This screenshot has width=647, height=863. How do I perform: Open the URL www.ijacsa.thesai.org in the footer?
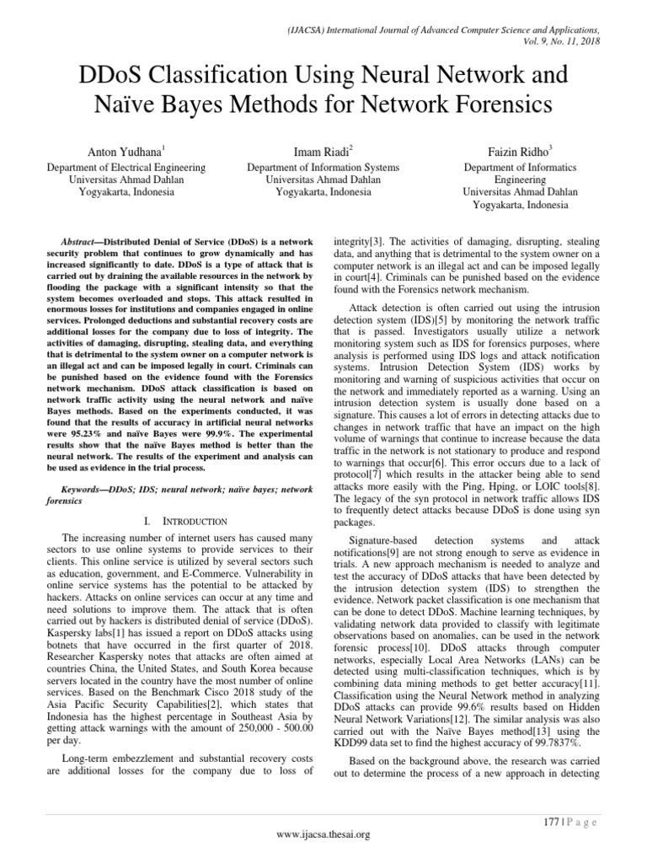coord(323,834)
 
